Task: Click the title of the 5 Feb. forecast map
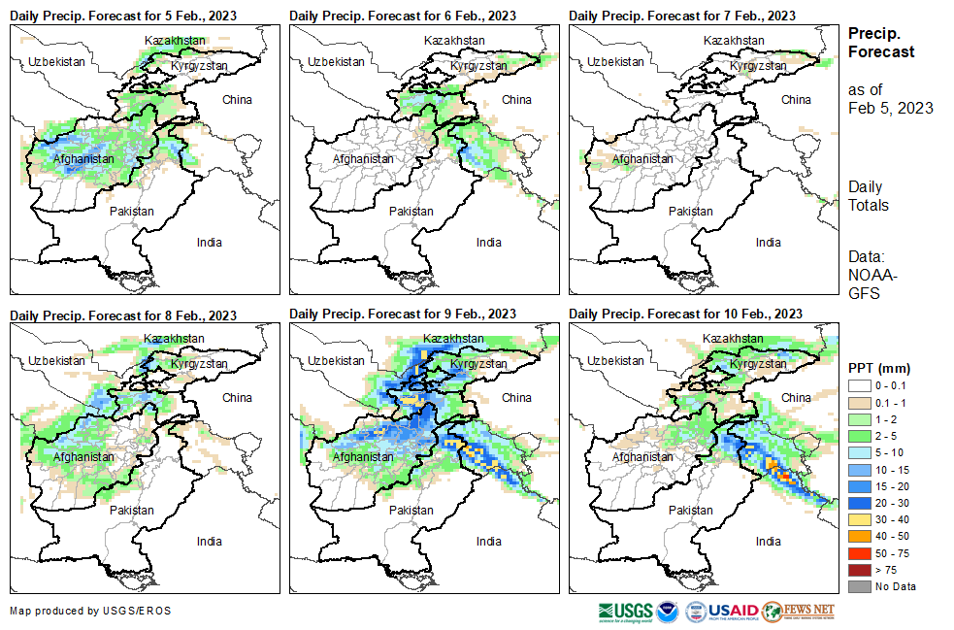coord(123,16)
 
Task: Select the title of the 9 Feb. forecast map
coord(403,314)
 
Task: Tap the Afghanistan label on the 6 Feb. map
coord(363,158)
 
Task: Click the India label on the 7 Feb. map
coord(768,243)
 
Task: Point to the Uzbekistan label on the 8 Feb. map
coord(54,359)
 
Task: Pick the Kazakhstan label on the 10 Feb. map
coord(733,338)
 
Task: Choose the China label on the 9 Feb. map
coord(516,397)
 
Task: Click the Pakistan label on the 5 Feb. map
coord(131,211)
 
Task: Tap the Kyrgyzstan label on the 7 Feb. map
coord(758,65)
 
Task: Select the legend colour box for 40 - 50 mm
coord(860,536)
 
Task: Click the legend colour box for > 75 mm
coord(860,569)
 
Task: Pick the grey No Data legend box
coord(860,585)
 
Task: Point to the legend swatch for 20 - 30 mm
coord(860,503)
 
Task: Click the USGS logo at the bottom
coord(625,612)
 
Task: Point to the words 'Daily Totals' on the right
coord(868,195)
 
